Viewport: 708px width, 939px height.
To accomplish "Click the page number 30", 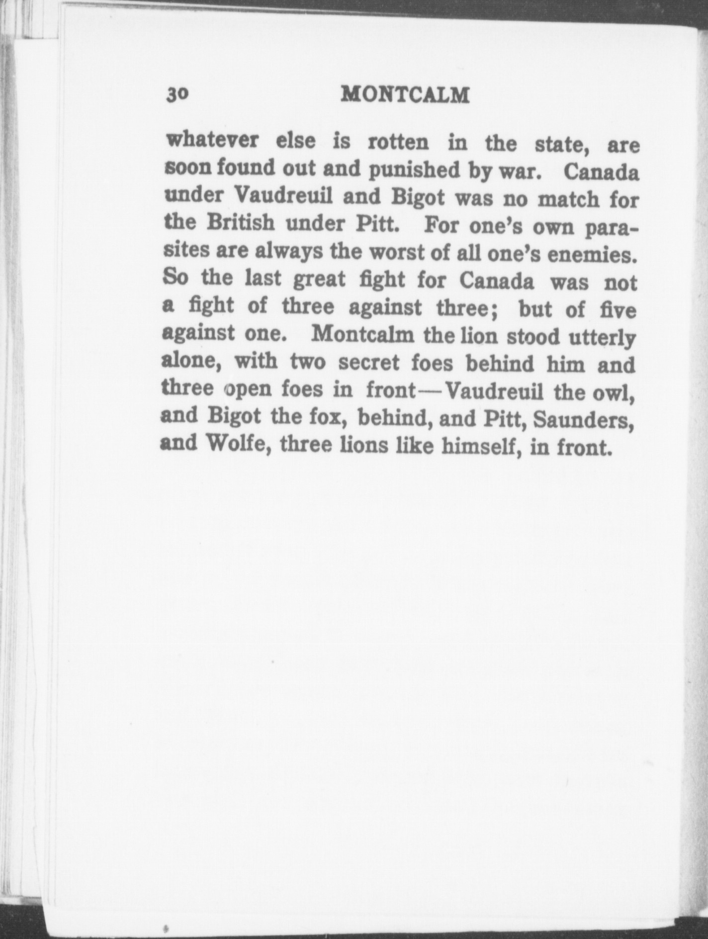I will [x=177, y=94].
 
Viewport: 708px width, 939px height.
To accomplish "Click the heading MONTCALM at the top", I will [x=405, y=94].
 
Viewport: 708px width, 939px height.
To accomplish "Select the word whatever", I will [x=212, y=140].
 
